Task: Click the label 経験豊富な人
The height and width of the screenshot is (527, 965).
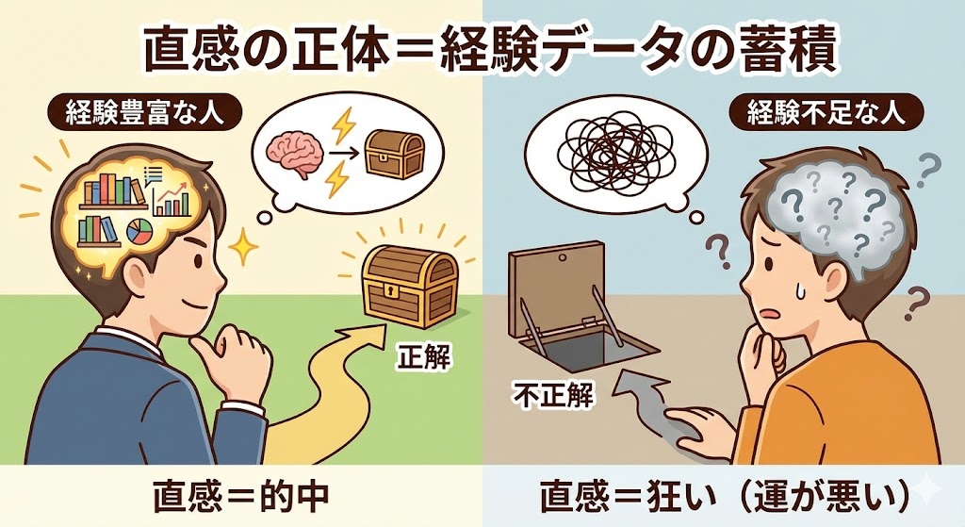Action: tap(144, 113)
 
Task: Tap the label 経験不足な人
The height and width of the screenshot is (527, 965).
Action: tap(826, 113)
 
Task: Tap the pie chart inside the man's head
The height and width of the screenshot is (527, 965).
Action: tap(139, 231)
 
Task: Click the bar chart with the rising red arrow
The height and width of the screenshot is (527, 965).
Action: tap(172, 198)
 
